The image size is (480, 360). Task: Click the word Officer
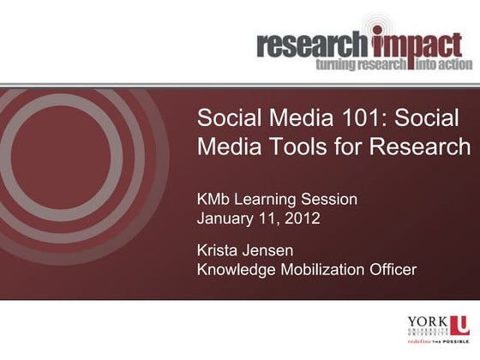pyautogui.click(x=393, y=270)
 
